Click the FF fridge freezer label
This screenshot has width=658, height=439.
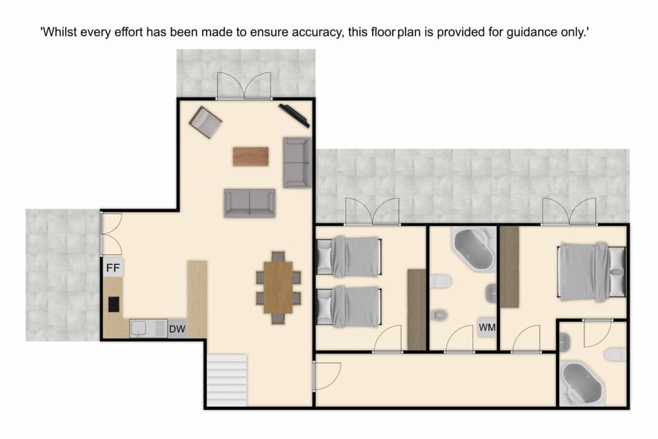pyautogui.click(x=113, y=268)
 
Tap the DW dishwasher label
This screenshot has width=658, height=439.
pyautogui.click(x=177, y=329)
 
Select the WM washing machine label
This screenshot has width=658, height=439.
pyautogui.click(x=487, y=327)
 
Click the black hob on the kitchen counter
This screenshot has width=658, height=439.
pyautogui.click(x=114, y=304)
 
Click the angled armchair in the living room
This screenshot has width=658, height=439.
pyautogui.click(x=205, y=122)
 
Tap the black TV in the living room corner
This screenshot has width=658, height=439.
pyautogui.click(x=294, y=115)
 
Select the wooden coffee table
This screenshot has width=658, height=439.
pyautogui.click(x=251, y=156)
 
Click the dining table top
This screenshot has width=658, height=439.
pyautogui.click(x=278, y=287)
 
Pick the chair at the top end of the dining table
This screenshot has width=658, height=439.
pyautogui.click(x=278, y=257)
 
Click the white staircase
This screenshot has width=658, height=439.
pyautogui.click(x=226, y=380)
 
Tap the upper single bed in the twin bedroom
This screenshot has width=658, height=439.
pyautogui.click(x=349, y=257)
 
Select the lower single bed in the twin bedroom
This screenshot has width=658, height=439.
pyautogui.click(x=349, y=306)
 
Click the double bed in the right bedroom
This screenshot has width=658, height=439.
pyautogui.click(x=592, y=272)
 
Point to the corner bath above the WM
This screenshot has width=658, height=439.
pyautogui.click(x=474, y=248)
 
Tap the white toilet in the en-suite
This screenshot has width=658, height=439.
pyautogui.click(x=615, y=355)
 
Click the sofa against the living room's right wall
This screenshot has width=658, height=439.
pyautogui.click(x=297, y=162)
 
